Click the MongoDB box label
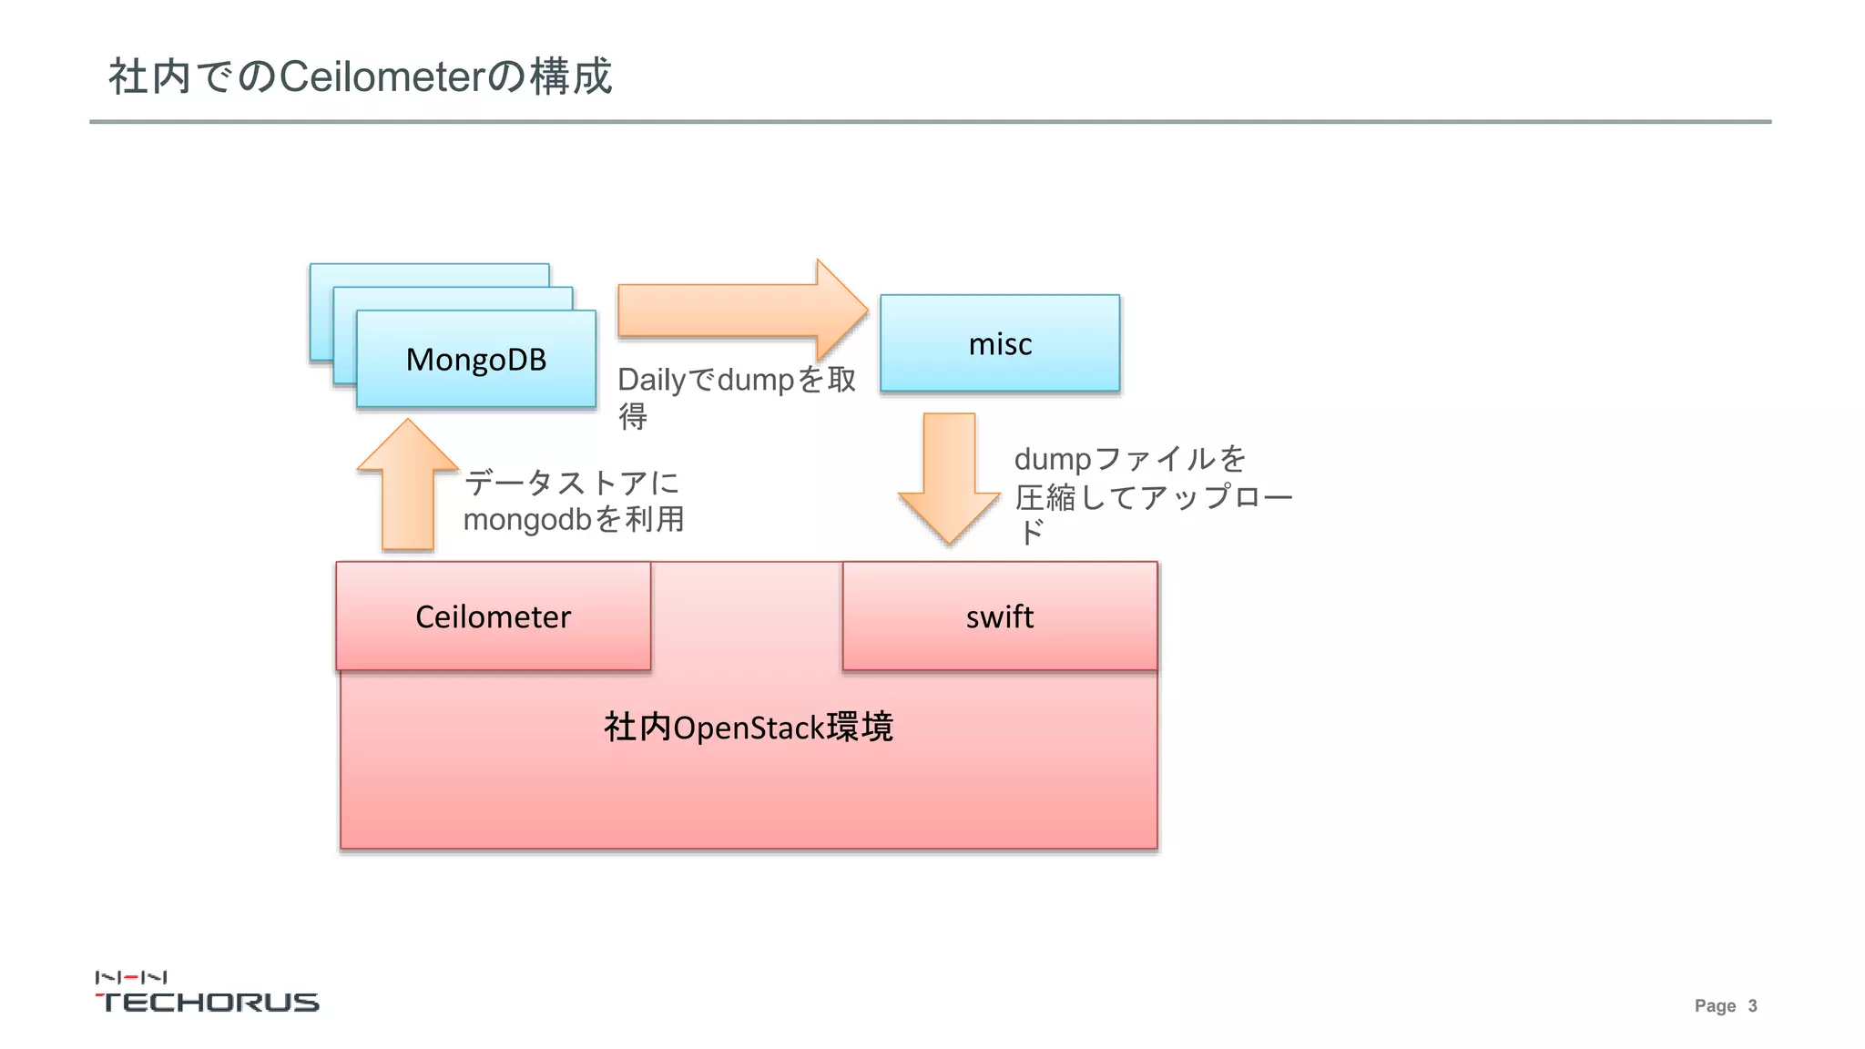click(x=476, y=360)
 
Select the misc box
click(x=1000, y=343)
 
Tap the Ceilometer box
click(x=493, y=616)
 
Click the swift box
click(x=1000, y=616)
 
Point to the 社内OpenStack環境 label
click(x=749, y=728)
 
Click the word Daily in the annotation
click(x=651, y=380)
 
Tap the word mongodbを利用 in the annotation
click(x=574, y=520)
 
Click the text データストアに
click(x=572, y=483)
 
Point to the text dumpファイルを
click(x=1130, y=458)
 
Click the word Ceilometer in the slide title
click(x=382, y=76)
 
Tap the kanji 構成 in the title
click(x=571, y=76)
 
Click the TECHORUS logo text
click(x=208, y=1002)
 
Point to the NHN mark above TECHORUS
click(x=131, y=977)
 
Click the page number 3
click(x=1752, y=1006)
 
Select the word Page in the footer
click(x=1715, y=1006)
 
